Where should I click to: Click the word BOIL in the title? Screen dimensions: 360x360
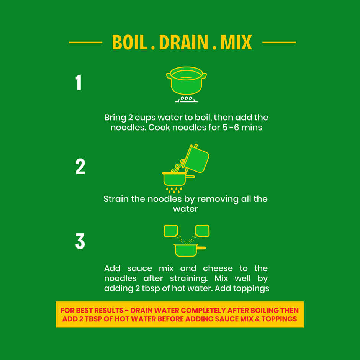129,42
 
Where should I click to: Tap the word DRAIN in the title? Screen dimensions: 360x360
183,42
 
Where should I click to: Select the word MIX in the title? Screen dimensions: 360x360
236,42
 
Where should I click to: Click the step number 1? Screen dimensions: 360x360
79,82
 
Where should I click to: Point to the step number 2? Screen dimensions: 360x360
80,167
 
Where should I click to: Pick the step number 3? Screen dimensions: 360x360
80,241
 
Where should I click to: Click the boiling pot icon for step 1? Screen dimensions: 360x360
186,80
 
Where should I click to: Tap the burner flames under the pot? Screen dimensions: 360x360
187,99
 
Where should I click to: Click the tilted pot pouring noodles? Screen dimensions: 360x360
197,159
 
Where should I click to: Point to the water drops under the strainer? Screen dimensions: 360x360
174,190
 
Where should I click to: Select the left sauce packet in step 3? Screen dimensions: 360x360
171,231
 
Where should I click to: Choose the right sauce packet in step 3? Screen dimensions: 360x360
202,231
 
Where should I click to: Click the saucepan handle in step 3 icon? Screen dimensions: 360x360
201,248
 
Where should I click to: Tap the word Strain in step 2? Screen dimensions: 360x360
116,199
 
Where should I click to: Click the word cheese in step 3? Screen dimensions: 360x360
218,268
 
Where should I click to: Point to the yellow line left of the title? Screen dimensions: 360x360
85,43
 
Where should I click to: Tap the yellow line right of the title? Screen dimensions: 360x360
279,43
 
